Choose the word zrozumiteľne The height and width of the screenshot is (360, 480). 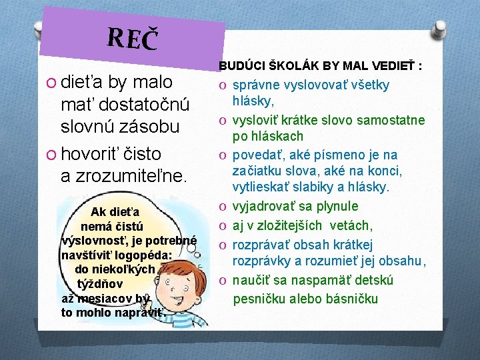(x=133, y=176)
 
